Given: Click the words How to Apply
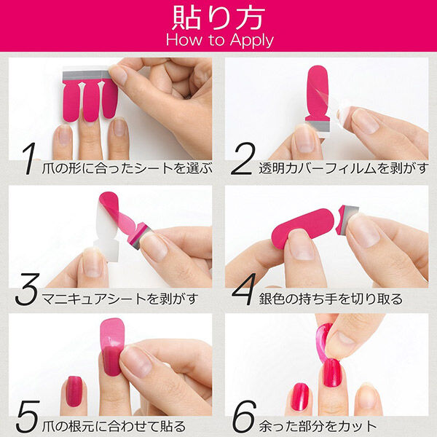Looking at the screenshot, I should pos(218,39).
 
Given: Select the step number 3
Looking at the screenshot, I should pos(28,294).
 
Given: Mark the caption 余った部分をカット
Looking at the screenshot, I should pos(318,425).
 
